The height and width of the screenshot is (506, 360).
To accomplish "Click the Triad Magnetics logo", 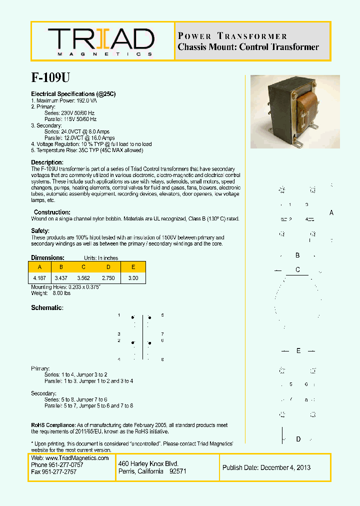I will point(101,41).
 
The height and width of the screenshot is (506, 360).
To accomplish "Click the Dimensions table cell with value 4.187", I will point(39,277).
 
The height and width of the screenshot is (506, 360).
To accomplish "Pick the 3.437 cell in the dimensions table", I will point(61,277).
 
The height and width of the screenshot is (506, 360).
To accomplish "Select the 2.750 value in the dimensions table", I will point(108,277).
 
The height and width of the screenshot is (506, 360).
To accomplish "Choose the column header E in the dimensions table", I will point(133,267).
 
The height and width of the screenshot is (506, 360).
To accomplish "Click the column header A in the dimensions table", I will point(39,267).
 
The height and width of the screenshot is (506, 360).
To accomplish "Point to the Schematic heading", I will point(47,307).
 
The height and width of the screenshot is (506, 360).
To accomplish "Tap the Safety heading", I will point(40,231).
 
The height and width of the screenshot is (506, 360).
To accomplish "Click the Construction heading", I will point(52,212).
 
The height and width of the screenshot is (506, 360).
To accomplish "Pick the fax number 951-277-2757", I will point(62,471).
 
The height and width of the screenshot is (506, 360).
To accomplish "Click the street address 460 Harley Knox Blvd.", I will point(148,464).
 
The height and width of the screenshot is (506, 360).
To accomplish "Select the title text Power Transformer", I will point(232,36).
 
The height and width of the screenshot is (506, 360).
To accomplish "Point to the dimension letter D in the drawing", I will point(298,439).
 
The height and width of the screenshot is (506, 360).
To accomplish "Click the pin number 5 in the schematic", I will point(162,315).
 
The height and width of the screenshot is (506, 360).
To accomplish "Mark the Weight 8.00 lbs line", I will point(51,293).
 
